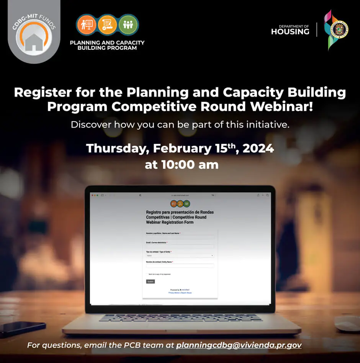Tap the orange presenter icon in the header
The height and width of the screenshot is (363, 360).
(x=86, y=25)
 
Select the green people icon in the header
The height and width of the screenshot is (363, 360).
(x=128, y=25)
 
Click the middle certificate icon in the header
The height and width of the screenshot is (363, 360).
(x=107, y=25)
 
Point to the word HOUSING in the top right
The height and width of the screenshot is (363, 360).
(x=290, y=32)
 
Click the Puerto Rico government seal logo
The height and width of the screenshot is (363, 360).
(x=339, y=29)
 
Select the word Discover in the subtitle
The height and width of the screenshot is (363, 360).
(x=91, y=125)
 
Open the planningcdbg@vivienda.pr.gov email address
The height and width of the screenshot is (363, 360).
(x=239, y=345)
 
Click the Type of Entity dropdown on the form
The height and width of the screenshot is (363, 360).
(x=180, y=255)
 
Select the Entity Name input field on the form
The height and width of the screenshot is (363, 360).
(x=180, y=265)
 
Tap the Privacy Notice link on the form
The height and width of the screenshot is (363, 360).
(x=174, y=293)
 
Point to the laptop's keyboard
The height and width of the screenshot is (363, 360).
(x=180, y=318)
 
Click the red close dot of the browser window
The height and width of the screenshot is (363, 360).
(x=92, y=195)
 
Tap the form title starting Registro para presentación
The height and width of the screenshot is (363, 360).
(x=180, y=217)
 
